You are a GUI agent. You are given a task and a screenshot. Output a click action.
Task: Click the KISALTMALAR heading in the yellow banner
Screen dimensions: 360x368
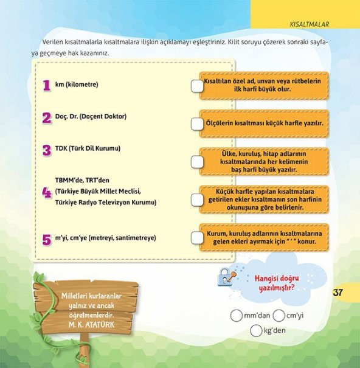tap(310, 24)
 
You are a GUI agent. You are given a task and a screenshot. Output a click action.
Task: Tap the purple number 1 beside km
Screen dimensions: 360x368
tap(47, 85)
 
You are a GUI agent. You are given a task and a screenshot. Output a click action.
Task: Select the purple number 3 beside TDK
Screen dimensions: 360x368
tap(47, 150)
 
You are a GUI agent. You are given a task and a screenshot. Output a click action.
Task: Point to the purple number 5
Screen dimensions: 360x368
tap(47, 240)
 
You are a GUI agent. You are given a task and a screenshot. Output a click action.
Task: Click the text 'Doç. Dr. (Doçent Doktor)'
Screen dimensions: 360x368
tap(91, 116)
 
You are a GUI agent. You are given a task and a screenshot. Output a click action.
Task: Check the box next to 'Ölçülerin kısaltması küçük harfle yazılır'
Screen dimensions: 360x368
tap(197, 124)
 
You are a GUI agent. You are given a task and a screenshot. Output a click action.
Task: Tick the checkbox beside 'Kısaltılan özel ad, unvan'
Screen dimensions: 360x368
tap(197, 86)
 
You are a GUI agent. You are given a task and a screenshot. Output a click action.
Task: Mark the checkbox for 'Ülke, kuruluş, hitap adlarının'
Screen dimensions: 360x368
tap(197, 162)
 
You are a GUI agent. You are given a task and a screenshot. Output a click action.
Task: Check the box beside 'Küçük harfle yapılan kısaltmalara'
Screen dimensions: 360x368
tap(197, 200)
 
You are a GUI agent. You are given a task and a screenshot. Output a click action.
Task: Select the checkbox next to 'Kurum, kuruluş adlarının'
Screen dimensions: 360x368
tap(197, 238)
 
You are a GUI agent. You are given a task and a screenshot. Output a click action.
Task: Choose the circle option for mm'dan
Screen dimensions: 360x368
tap(236, 316)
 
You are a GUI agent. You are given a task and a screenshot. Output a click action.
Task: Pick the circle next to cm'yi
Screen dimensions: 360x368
tap(279, 316)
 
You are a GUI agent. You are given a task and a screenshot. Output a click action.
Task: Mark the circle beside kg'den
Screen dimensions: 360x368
tap(256, 331)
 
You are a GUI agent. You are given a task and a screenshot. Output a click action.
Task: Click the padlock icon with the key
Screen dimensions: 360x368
tap(227, 277)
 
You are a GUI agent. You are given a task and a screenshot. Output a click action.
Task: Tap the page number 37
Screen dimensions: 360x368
tap(337, 293)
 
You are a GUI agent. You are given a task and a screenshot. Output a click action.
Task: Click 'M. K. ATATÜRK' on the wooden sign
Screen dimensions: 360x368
tap(92, 325)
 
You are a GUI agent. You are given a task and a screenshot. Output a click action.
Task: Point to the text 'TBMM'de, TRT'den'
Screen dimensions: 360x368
tap(82, 180)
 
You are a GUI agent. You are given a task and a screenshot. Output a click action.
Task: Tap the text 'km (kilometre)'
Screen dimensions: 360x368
tap(77, 85)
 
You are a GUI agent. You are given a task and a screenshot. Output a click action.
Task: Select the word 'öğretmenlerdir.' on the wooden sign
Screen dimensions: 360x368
tap(91, 315)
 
